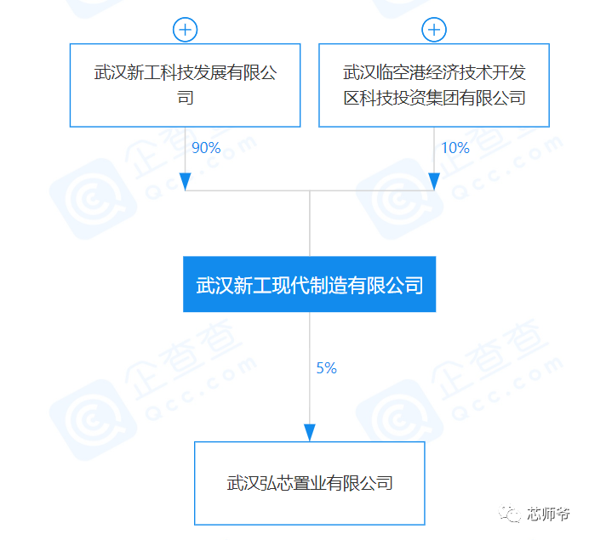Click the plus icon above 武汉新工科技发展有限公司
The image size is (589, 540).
pos(185,30)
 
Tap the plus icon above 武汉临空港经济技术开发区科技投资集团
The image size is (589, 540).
pos(434,30)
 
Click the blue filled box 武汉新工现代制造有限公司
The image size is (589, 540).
pos(310,284)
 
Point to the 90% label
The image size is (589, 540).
pos(206,148)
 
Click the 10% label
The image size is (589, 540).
pos(455,148)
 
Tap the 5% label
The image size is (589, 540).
pos(326,368)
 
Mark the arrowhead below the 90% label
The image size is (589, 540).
pos(186,182)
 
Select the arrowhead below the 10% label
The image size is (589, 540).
pos(434,182)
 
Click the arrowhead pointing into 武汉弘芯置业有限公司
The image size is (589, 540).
pos(310,433)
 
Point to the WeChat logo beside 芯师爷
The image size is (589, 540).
pos(510,513)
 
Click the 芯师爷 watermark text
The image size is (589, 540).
pos(548,514)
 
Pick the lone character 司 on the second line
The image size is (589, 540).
pos(186,98)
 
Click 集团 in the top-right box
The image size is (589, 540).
pos(442,98)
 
